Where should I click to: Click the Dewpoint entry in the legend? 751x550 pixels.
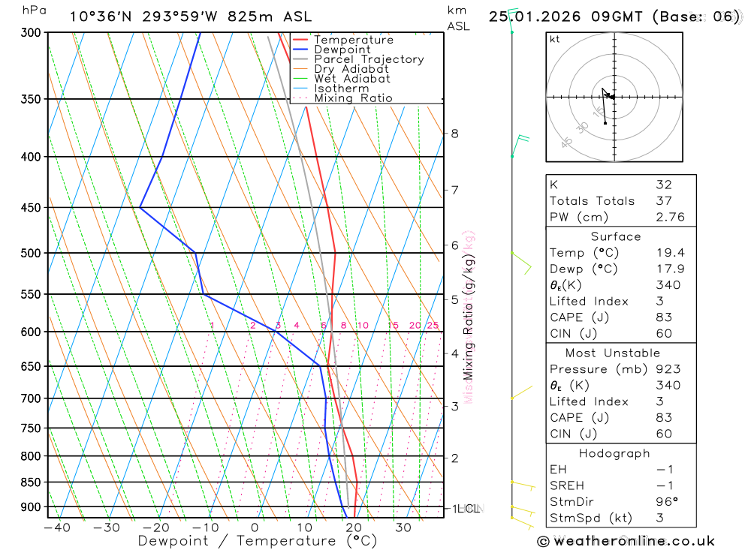pos(342,50)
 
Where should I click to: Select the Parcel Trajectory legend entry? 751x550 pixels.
pos(369,59)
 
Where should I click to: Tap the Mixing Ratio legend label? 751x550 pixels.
pos(353,98)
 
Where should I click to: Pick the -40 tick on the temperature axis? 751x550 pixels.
pos(57,527)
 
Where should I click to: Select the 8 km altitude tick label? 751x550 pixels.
pos(454,134)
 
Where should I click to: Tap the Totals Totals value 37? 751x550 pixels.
pos(663,201)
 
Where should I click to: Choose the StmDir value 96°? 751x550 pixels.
pos(666,502)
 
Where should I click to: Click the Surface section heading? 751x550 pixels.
pos(616,236)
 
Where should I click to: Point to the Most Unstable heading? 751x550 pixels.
pos(613,353)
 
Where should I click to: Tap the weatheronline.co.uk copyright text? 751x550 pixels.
pos(626,541)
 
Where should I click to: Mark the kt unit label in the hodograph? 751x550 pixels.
pos(555,39)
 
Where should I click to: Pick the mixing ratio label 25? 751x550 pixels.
pos(433,326)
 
